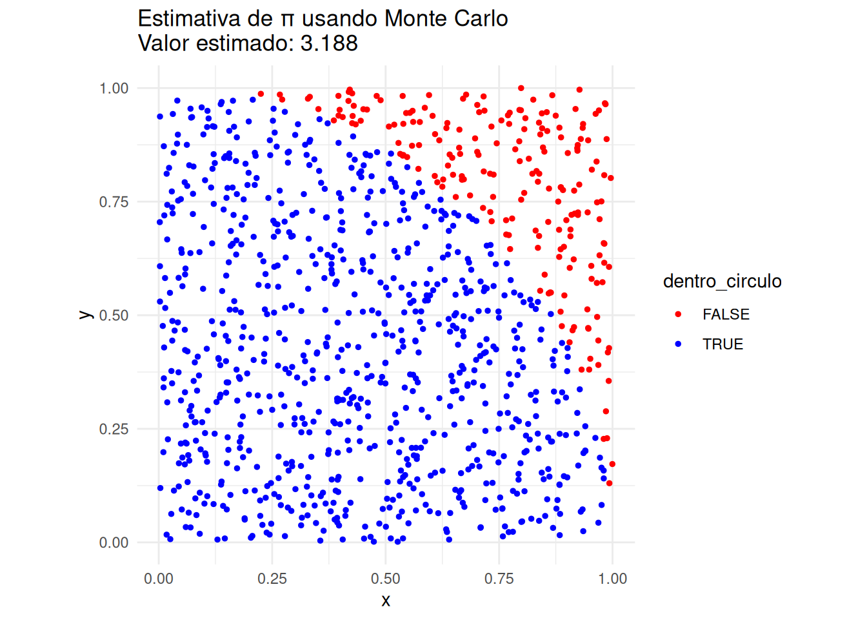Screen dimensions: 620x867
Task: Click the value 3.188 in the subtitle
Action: click(x=329, y=43)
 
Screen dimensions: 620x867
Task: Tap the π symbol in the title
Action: click(x=287, y=19)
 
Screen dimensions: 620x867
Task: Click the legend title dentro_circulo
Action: click(x=722, y=281)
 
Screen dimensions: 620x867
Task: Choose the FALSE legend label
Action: click(x=726, y=315)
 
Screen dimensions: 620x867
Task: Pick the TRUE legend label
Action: click(x=722, y=344)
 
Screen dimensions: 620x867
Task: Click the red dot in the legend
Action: click(x=678, y=315)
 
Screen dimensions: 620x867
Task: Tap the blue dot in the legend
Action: click(x=678, y=344)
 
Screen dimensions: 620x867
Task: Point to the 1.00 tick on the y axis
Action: click(x=114, y=88)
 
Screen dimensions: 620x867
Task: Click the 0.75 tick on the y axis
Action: click(x=114, y=201)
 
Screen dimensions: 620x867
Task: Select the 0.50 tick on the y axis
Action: click(x=114, y=315)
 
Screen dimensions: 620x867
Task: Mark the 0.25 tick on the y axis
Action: click(x=114, y=429)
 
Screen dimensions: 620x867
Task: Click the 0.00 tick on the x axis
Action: click(x=159, y=579)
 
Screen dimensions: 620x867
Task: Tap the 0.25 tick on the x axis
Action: click(x=272, y=579)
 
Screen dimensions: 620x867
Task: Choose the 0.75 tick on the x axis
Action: click(x=499, y=579)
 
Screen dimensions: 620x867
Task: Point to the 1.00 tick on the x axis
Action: click(x=612, y=579)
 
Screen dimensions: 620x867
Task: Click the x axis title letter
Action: click(x=386, y=601)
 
